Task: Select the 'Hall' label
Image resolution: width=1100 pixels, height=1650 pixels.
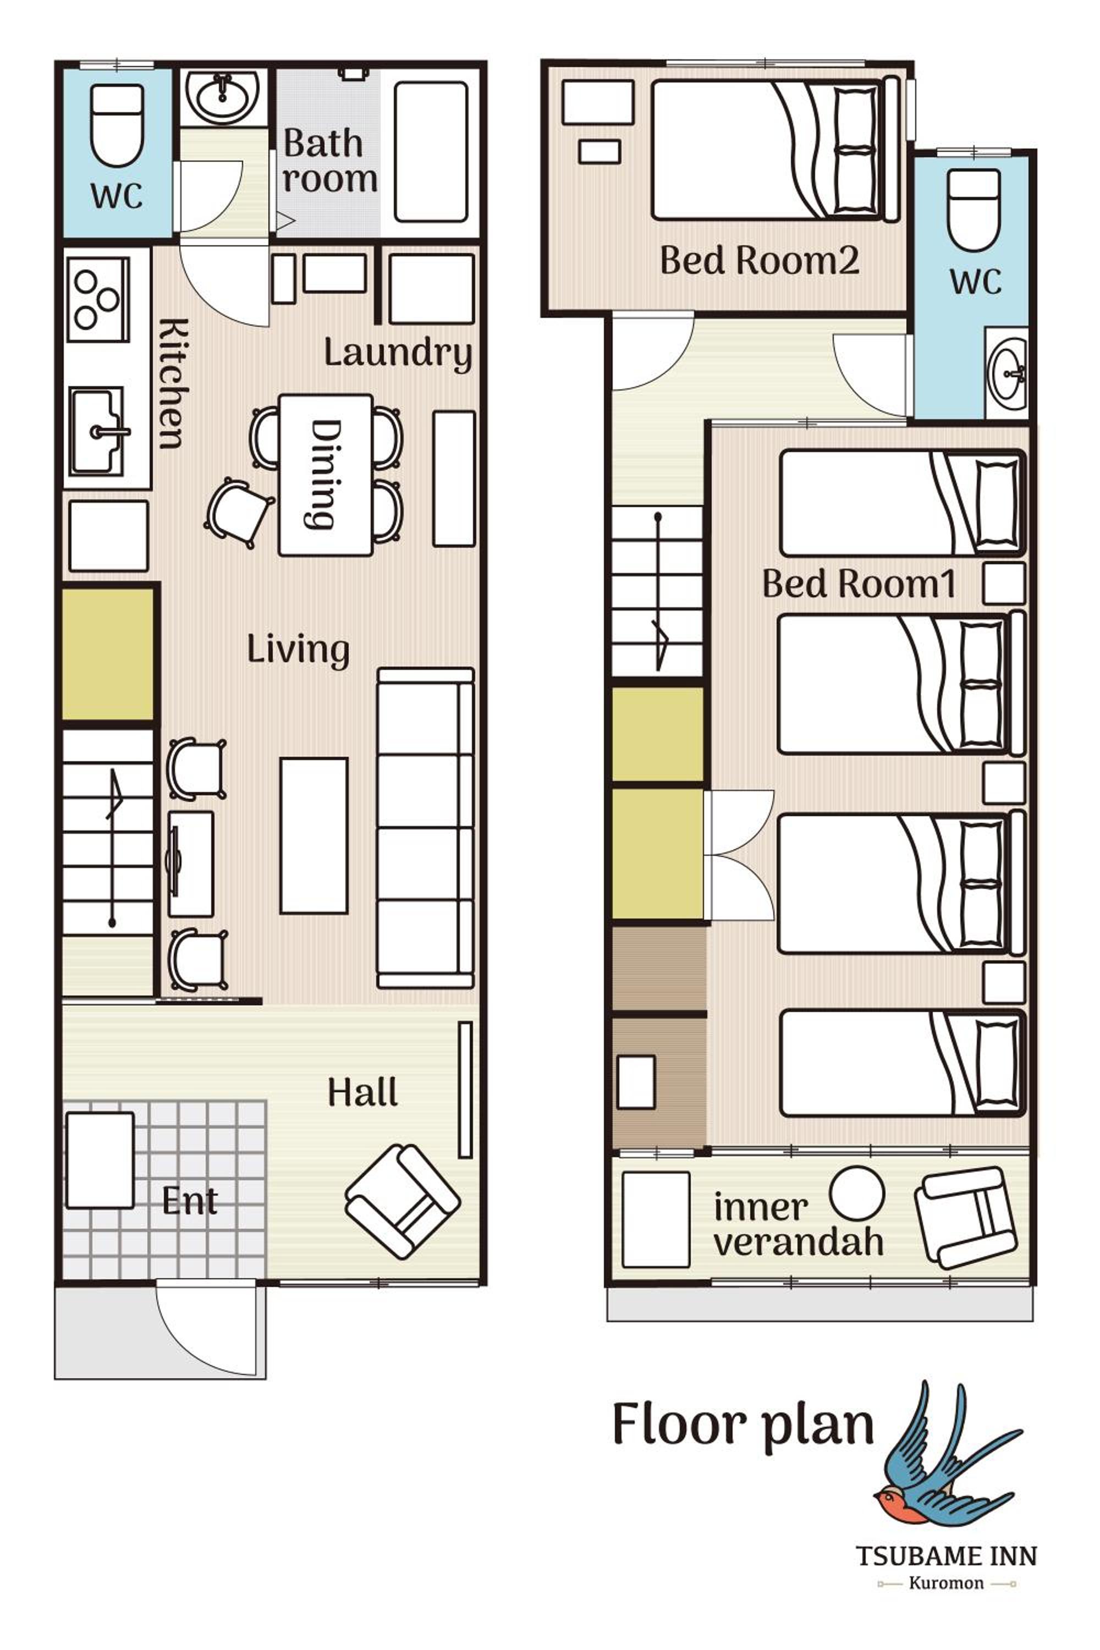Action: coord(362,1092)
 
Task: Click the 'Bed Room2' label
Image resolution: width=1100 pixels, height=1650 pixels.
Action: coord(760,260)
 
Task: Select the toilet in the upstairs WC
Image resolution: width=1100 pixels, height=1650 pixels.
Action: coord(973,210)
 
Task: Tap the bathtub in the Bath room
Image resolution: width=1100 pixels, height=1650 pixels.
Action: coord(431,152)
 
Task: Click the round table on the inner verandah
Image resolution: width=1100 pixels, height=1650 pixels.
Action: coord(856,1193)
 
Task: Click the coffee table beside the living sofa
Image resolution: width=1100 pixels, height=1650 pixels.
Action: coord(313,835)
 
